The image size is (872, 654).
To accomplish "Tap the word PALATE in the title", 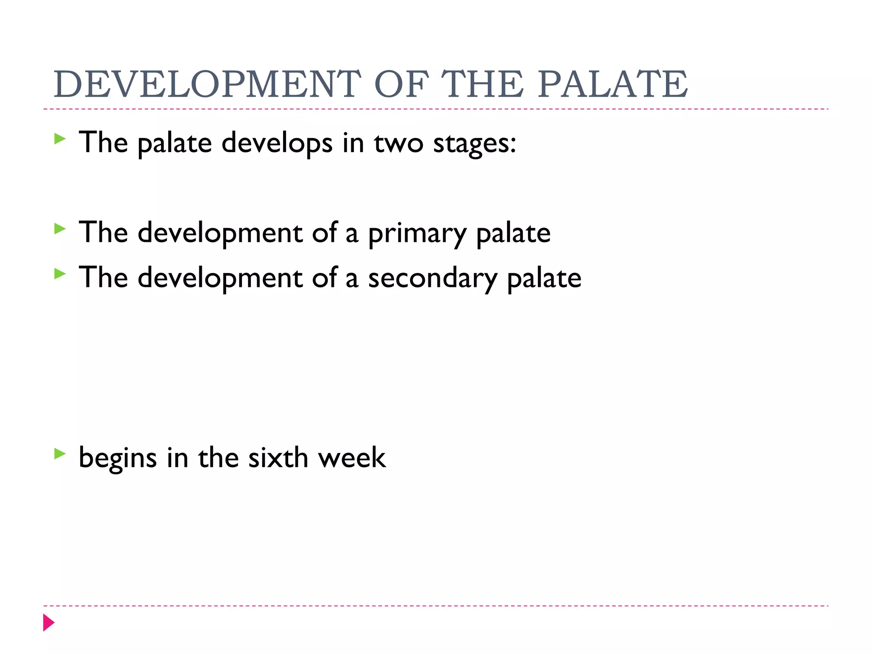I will click(613, 84).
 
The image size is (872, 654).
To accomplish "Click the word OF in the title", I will click(401, 84).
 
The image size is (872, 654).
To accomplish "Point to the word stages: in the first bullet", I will click(474, 143).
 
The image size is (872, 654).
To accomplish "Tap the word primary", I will click(417, 234).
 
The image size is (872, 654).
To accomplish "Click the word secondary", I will click(432, 278).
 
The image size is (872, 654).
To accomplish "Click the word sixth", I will click(278, 458).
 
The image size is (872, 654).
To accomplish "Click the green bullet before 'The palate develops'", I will click(60, 139).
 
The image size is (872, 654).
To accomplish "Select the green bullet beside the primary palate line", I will click(60, 229).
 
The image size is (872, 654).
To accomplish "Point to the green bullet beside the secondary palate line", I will click(60, 274).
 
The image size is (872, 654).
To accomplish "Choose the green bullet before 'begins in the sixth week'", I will click(60, 454).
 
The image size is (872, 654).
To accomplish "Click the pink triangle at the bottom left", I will click(49, 622).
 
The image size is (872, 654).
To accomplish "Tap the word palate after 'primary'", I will click(513, 234).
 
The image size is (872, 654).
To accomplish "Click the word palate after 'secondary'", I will click(544, 278).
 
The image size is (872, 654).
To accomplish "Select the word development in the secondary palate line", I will click(220, 278).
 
